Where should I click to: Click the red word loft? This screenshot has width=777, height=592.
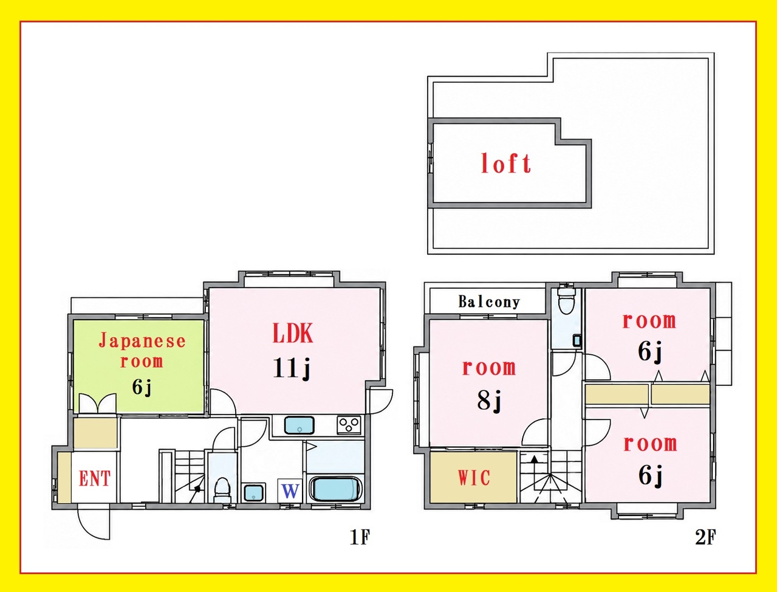pyautogui.click(x=506, y=163)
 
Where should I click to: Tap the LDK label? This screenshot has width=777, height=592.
pyautogui.click(x=293, y=333)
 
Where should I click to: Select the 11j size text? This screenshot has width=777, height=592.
pyautogui.click(x=292, y=368)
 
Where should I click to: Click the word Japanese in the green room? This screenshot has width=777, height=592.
pyautogui.click(x=142, y=342)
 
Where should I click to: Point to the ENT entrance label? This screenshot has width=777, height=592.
pyautogui.click(x=95, y=478)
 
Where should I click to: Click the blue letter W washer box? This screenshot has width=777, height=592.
pyautogui.click(x=290, y=491)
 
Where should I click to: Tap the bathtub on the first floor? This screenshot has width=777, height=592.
pyautogui.click(x=335, y=489)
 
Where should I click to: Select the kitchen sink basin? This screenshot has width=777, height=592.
pyautogui.click(x=300, y=425)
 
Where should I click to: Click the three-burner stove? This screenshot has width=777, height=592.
pyautogui.click(x=349, y=424)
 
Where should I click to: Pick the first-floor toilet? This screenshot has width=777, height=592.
pyautogui.click(x=222, y=489)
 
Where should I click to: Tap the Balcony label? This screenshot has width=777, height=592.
pyautogui.click(x=489, y=302)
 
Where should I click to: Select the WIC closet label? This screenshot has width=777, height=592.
pyautogui.click(x=474, y=478)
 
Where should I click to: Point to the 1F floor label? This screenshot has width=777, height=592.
pyautogui.click(x=360, y=537)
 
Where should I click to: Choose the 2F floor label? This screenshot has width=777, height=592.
pyautogui.click(x=705, y=537)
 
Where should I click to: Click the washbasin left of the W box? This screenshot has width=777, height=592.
pyautogui.click(x=253, y=492)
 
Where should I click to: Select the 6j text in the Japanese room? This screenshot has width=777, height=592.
pyautogui.click(x=142, y=387)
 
